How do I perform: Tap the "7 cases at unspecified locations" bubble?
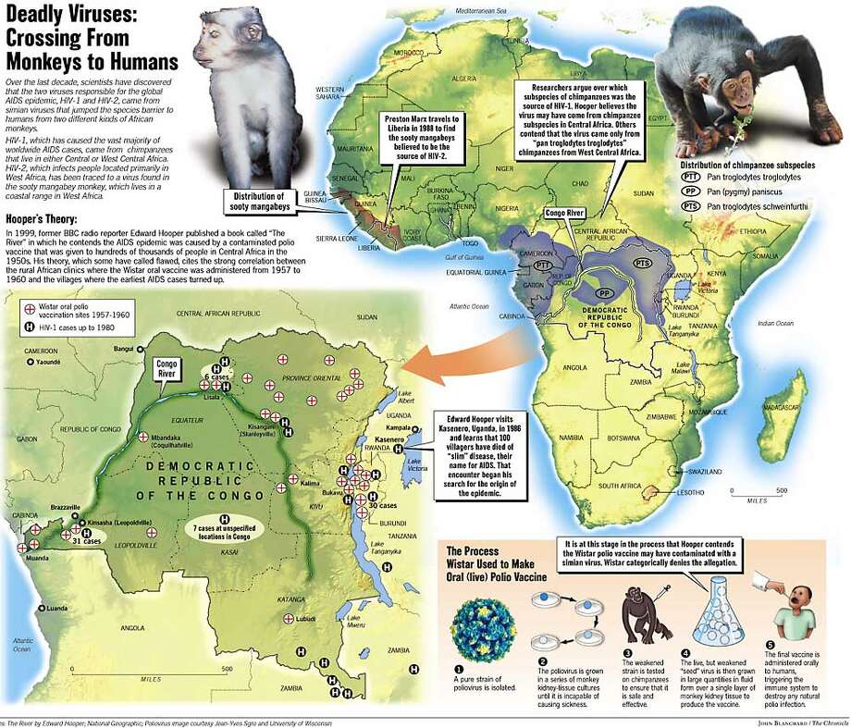227,530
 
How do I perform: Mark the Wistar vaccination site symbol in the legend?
30,304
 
